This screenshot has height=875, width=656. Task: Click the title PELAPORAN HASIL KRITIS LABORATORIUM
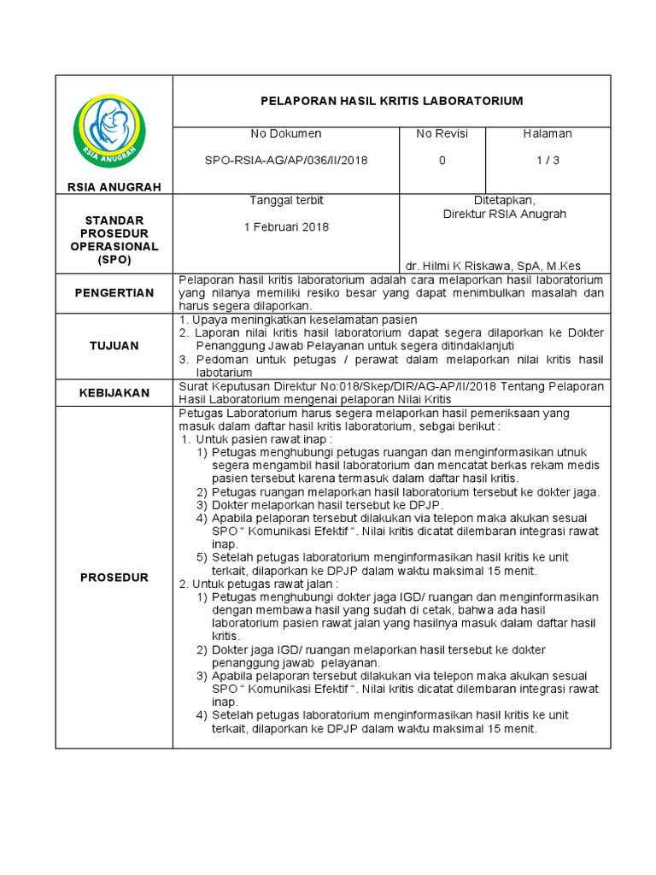pos(391,101)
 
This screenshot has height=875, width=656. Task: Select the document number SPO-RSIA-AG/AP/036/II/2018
pos(285,161)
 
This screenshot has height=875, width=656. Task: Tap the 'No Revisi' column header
pos(442,134)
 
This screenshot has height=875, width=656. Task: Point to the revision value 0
pos(442,161)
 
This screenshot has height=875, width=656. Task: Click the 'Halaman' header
pos(547,134)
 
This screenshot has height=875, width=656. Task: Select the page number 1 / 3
pos(547,161)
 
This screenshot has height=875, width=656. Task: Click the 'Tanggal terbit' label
pos(285,200)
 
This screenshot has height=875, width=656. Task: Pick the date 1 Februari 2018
pos(285,227)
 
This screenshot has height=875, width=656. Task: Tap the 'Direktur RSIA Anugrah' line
pos(505,214)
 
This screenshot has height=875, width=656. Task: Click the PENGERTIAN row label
pos(114,292)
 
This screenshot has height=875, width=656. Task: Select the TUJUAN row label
pos(114,345)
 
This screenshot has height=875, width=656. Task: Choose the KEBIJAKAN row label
pos(114,393)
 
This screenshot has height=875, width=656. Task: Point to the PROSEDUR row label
pos(114,577)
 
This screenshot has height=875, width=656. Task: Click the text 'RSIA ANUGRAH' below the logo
pos(114,186)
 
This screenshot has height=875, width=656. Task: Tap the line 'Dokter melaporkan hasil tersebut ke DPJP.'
pos(316,504)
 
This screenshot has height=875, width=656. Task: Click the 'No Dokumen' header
pos(285,134)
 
